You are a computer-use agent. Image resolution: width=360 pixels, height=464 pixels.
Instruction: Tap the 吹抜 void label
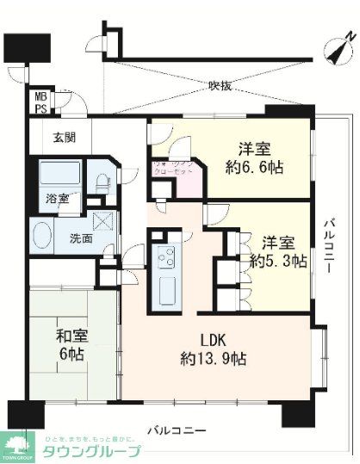pyautogui.click(x=220, y=85)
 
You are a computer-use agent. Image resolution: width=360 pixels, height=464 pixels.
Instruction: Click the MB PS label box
pyautogui.click(x=41, y=101)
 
